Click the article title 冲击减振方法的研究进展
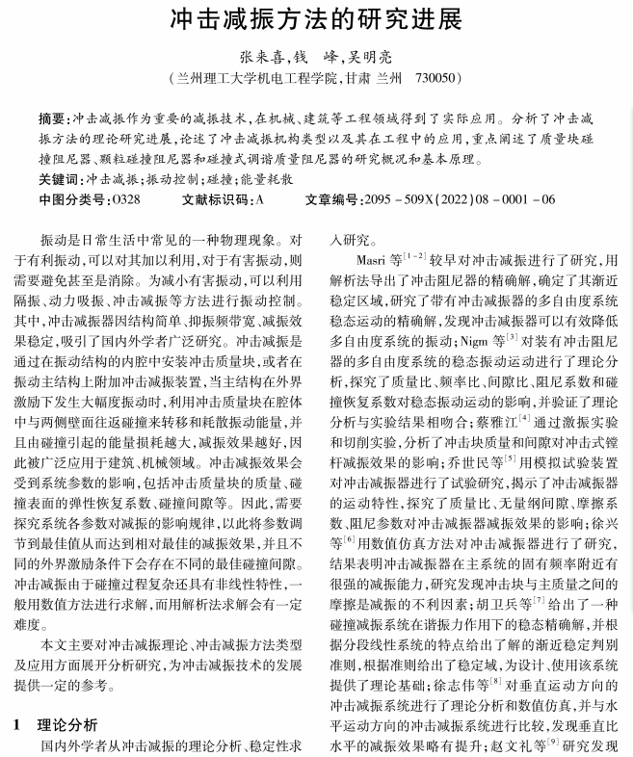click(x=316, y=19)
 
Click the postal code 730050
click(x=435, y=78)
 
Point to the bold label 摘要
click(x=53, y=119)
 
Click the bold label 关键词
click(x=60, y=179)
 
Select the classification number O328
click(x=126, y=199)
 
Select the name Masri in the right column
click(x=371, y=260)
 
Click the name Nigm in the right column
click(x=475, y=340)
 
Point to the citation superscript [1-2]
click(x=415, y=256)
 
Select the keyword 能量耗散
click(x=267, y=179)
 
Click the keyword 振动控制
click(x=172, y=179)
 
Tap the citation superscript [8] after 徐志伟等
click(x=495, y=680)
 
